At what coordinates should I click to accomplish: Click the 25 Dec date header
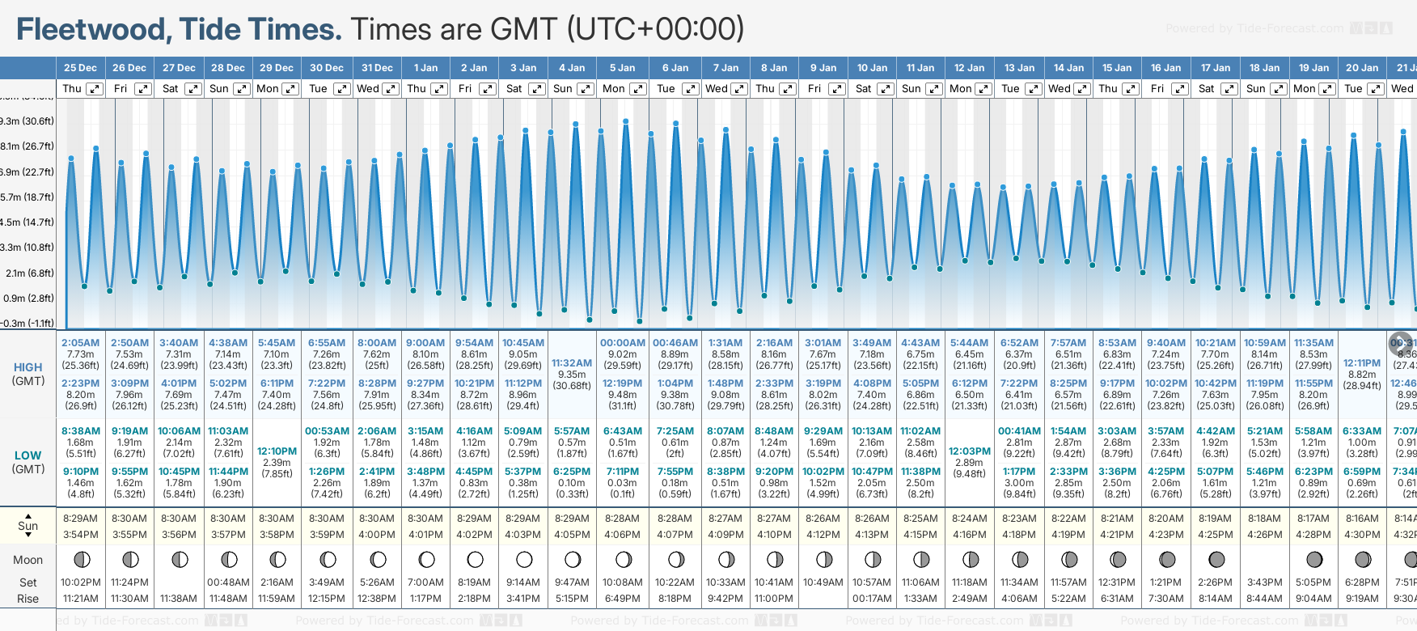point(80,68)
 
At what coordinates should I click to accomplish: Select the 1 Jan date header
point(425,68)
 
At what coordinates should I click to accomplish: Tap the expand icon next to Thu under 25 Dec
point(95,89)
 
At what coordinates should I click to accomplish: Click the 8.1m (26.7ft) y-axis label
point(27,146)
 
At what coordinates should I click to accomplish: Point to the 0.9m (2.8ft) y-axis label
point(27,298)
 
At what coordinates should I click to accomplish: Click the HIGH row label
point(28,367)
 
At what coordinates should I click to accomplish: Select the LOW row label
point(28,455)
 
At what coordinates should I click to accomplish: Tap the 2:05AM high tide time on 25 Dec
point(80,343)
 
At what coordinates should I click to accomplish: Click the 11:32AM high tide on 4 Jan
point(572,363)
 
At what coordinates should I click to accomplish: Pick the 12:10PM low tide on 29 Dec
point(277,451)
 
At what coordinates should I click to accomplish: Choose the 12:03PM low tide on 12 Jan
point(970,451)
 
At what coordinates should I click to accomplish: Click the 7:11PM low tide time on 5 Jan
point(623,472)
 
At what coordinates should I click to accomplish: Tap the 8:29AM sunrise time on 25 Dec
point(80,519)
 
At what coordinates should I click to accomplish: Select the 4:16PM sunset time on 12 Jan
point(970,535)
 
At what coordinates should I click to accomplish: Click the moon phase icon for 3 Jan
point(524,559)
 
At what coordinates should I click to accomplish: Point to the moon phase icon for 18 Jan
point(1265,559)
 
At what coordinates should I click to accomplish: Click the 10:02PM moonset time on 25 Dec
point(80,582)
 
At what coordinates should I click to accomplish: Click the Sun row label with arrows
point(28,526)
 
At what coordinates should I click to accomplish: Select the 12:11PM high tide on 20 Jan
point(1362,363)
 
